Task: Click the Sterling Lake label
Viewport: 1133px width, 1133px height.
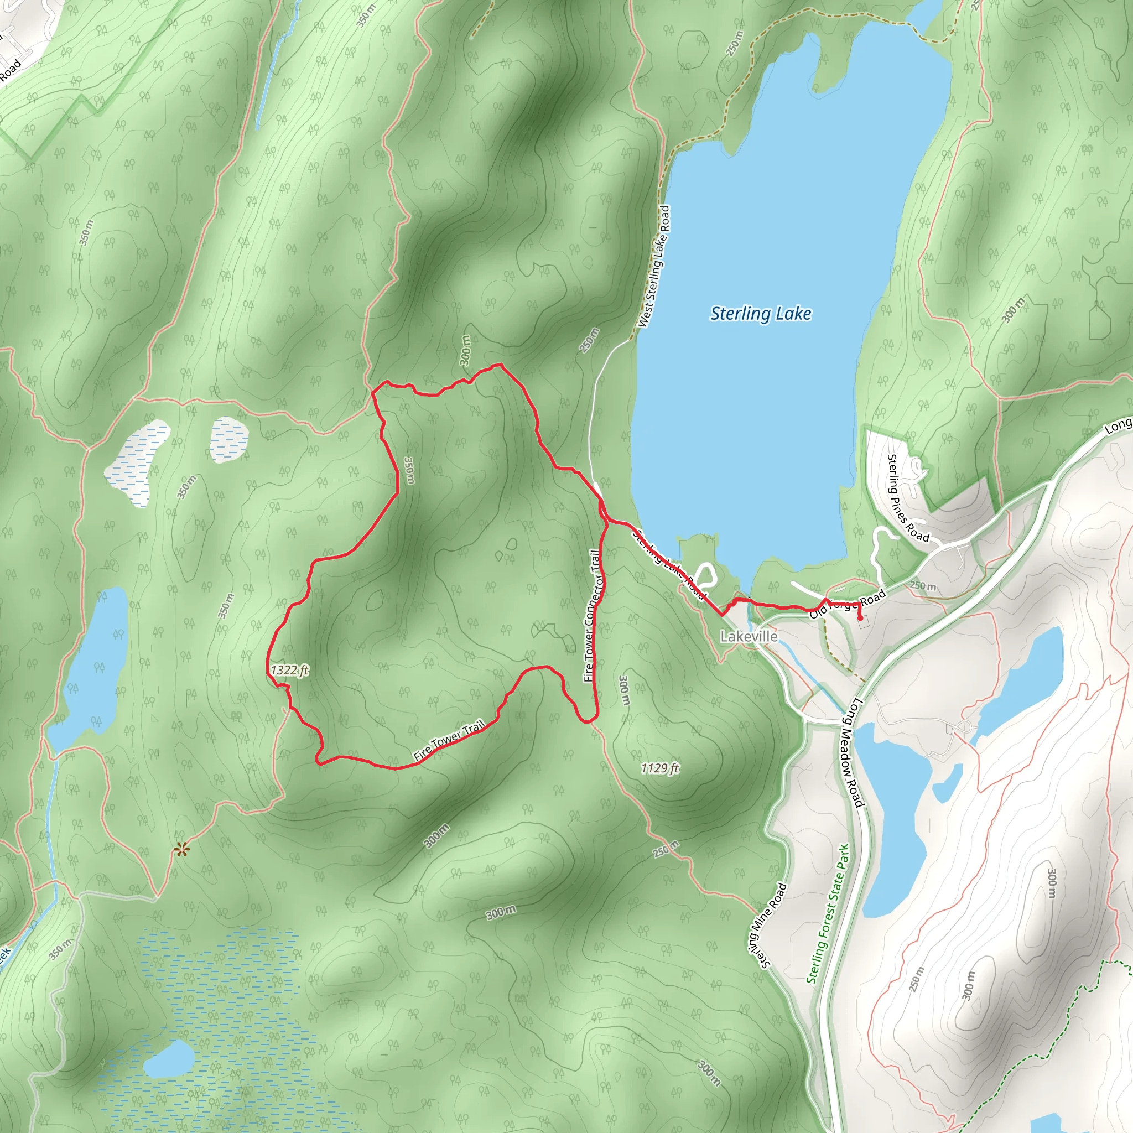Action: (761, 314)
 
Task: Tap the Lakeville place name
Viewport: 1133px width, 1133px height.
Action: (749, 636)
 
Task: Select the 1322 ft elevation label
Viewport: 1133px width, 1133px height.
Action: (290, 670)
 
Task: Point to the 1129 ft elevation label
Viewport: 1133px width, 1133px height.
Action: (660, 768)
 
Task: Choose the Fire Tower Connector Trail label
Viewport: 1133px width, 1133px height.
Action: (592, 615)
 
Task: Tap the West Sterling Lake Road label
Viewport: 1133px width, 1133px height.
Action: (654, 266)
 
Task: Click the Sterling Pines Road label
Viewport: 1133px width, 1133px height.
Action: (907, 498)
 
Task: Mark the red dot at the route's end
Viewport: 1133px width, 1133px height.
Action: (860, 617)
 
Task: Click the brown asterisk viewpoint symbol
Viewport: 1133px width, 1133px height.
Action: (182, 849)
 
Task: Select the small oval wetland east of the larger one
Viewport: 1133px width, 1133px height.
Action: (228, 439)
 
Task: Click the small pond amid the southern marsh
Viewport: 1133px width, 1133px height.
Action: (169, 1059)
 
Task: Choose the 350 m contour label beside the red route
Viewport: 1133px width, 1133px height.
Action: (409, 470)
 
